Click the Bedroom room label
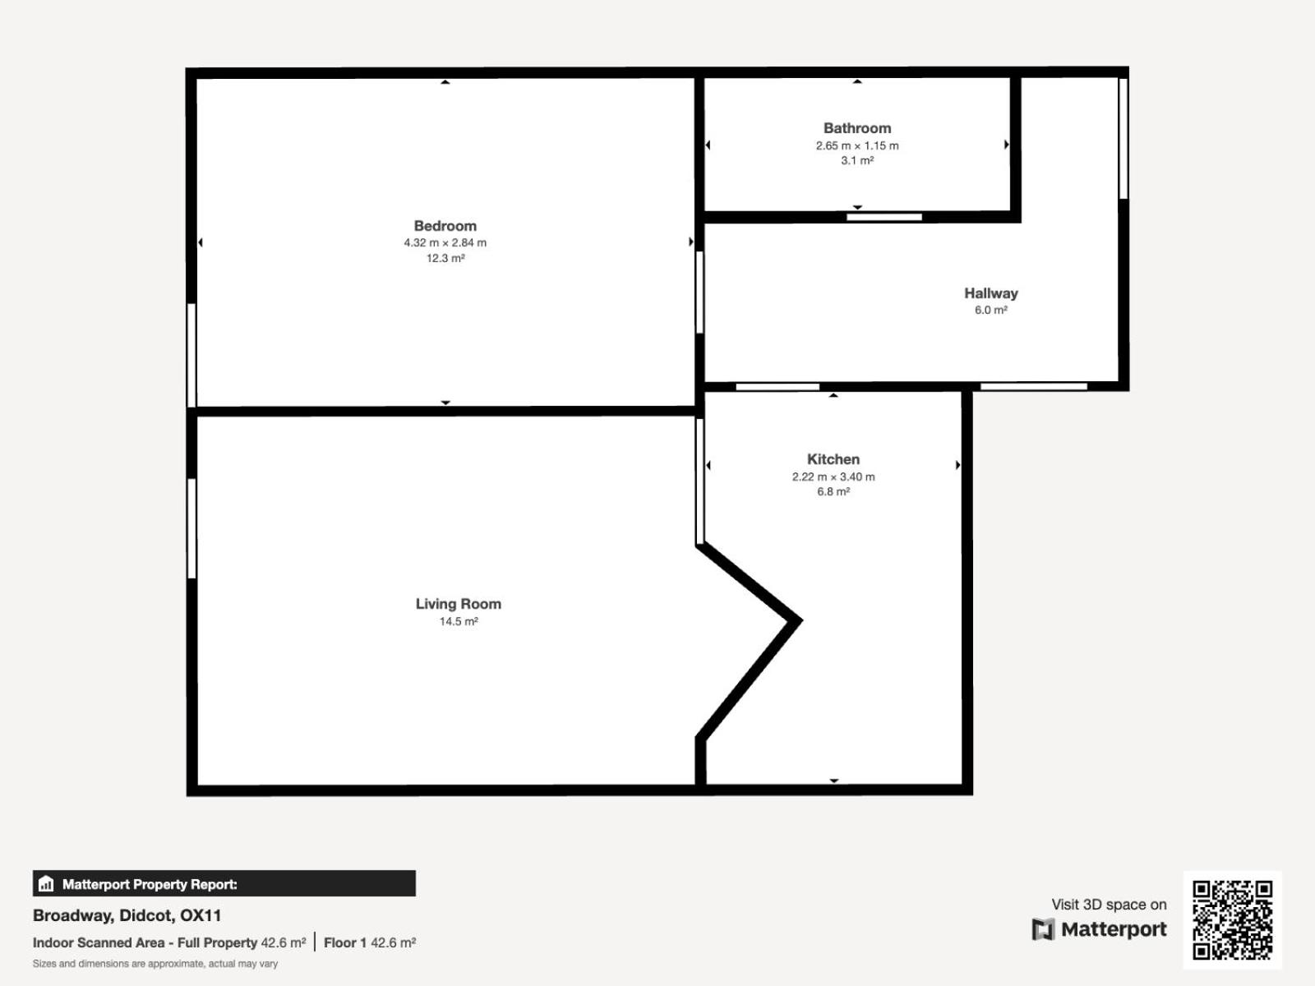click(445, 226)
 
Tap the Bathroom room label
click(857, 128)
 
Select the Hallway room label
click(991, 293)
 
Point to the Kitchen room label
click(833, 459)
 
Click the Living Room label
click(459, 604)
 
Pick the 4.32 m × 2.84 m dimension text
click(445, 243)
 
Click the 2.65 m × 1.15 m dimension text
click(857, 145)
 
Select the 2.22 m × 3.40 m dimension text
click(833, 477)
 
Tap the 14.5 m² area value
click(459, 621)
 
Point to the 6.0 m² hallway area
click(991, 310)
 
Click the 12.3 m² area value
click(445, 259)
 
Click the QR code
click(1232, 919)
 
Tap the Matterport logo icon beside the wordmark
click(1043, 930)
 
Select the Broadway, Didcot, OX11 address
click(127, 915)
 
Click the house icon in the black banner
click(46, 883)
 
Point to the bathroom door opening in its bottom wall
click(884, 217)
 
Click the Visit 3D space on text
click(1109, 905)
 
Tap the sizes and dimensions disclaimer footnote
click(155, 964)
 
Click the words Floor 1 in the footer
click(345, 943)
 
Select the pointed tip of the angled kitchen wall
click(801, 621)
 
